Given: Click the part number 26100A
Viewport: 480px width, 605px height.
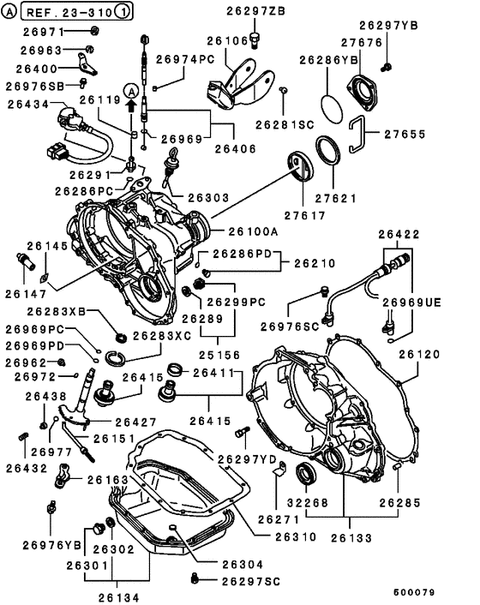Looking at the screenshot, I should [253, 231].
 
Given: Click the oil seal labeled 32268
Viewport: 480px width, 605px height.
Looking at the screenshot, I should [305, 474].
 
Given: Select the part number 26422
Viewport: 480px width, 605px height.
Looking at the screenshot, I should [399, 233].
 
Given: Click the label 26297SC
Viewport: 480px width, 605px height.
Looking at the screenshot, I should [249, 581].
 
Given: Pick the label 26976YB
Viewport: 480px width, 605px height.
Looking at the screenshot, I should [40, 542].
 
